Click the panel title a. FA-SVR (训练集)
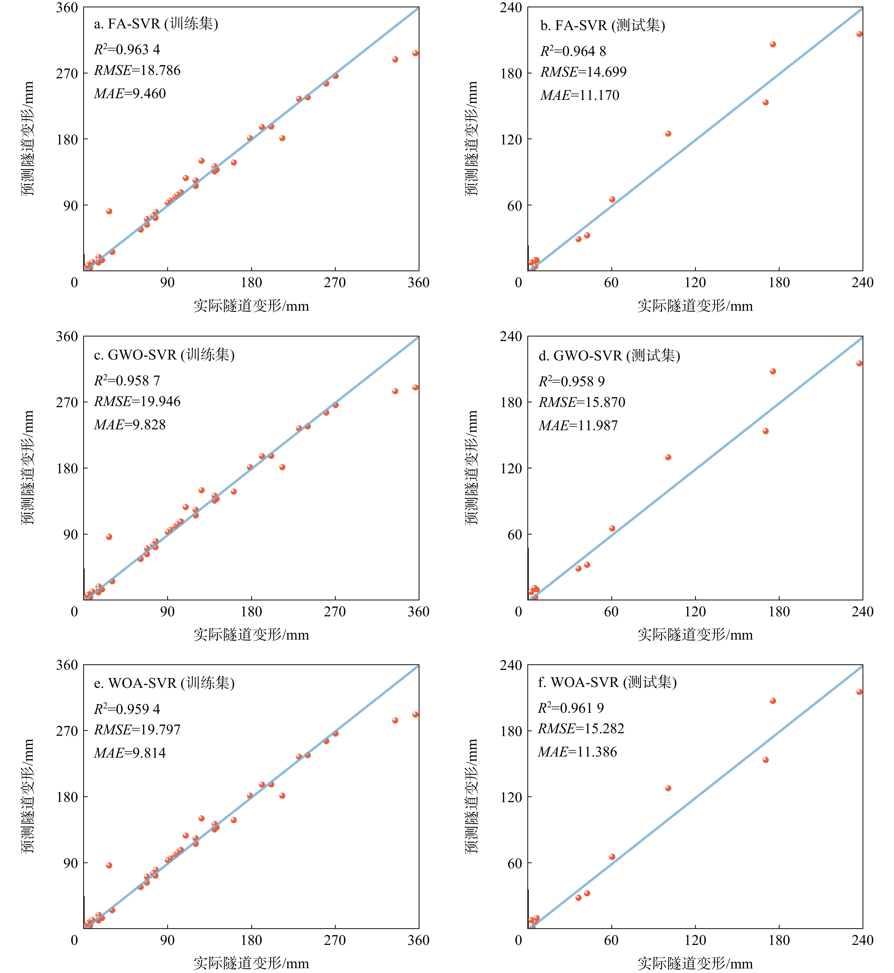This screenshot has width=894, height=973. pyautogui.click(x=156, y=24)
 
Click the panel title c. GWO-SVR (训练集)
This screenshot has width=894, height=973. pyautogui.click(x=164, y=355)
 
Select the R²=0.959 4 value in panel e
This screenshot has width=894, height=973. pyautogui.click(x=127, y=709)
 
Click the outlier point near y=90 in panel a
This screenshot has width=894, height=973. pyautogui.click(x=109, y=211)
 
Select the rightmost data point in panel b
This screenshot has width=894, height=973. pyautogui.click(x=859, y=34)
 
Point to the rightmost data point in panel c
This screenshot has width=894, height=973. pyautogui.click(x=415, y=387)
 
